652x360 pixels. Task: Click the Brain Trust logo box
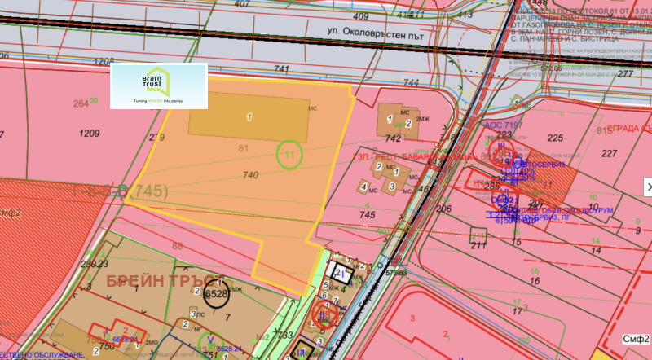tap(158, 86)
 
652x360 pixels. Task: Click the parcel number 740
tap(250, 175)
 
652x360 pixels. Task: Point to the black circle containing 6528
tap(217, 294)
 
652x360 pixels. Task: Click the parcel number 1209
tap(89, 132)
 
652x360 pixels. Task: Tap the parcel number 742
tap(393, 139)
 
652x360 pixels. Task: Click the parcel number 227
tap(609, 153)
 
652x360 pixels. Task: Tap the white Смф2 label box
tap(635, 338)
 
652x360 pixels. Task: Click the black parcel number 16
tap(535, 281)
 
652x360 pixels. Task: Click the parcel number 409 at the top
tap(361, 15)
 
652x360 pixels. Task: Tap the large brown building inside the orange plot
tap(249, 119)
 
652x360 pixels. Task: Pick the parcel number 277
tap(625, 74)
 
